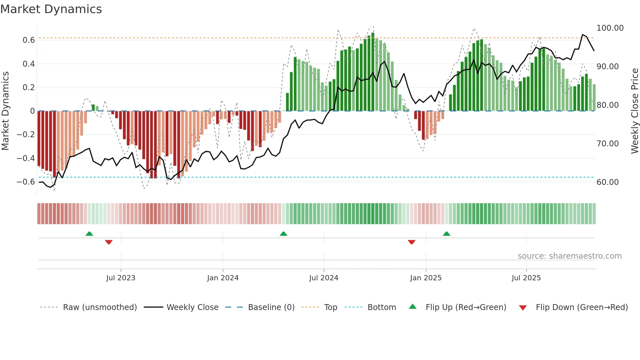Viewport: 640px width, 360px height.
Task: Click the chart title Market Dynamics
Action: click(51, 9)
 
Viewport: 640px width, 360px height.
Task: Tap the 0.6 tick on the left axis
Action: click(29, 40)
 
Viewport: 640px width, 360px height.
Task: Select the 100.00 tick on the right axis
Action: click(610, 28)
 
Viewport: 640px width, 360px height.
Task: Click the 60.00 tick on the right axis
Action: click(607, 182)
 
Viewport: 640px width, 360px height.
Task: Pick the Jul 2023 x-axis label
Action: click(120, 278)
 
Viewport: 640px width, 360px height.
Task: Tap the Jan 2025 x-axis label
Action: click(425, 278)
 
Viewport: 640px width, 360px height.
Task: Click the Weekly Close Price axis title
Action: click(634, 111)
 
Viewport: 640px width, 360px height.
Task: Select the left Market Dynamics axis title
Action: click(5, 111)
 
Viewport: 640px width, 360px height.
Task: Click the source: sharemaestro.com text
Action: click(569, 256)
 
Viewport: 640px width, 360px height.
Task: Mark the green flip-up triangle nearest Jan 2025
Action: click(446, 234)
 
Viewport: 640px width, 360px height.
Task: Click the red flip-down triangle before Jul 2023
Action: click(109, 242)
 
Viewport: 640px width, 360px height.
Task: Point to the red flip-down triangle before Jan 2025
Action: click(411, 242)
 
